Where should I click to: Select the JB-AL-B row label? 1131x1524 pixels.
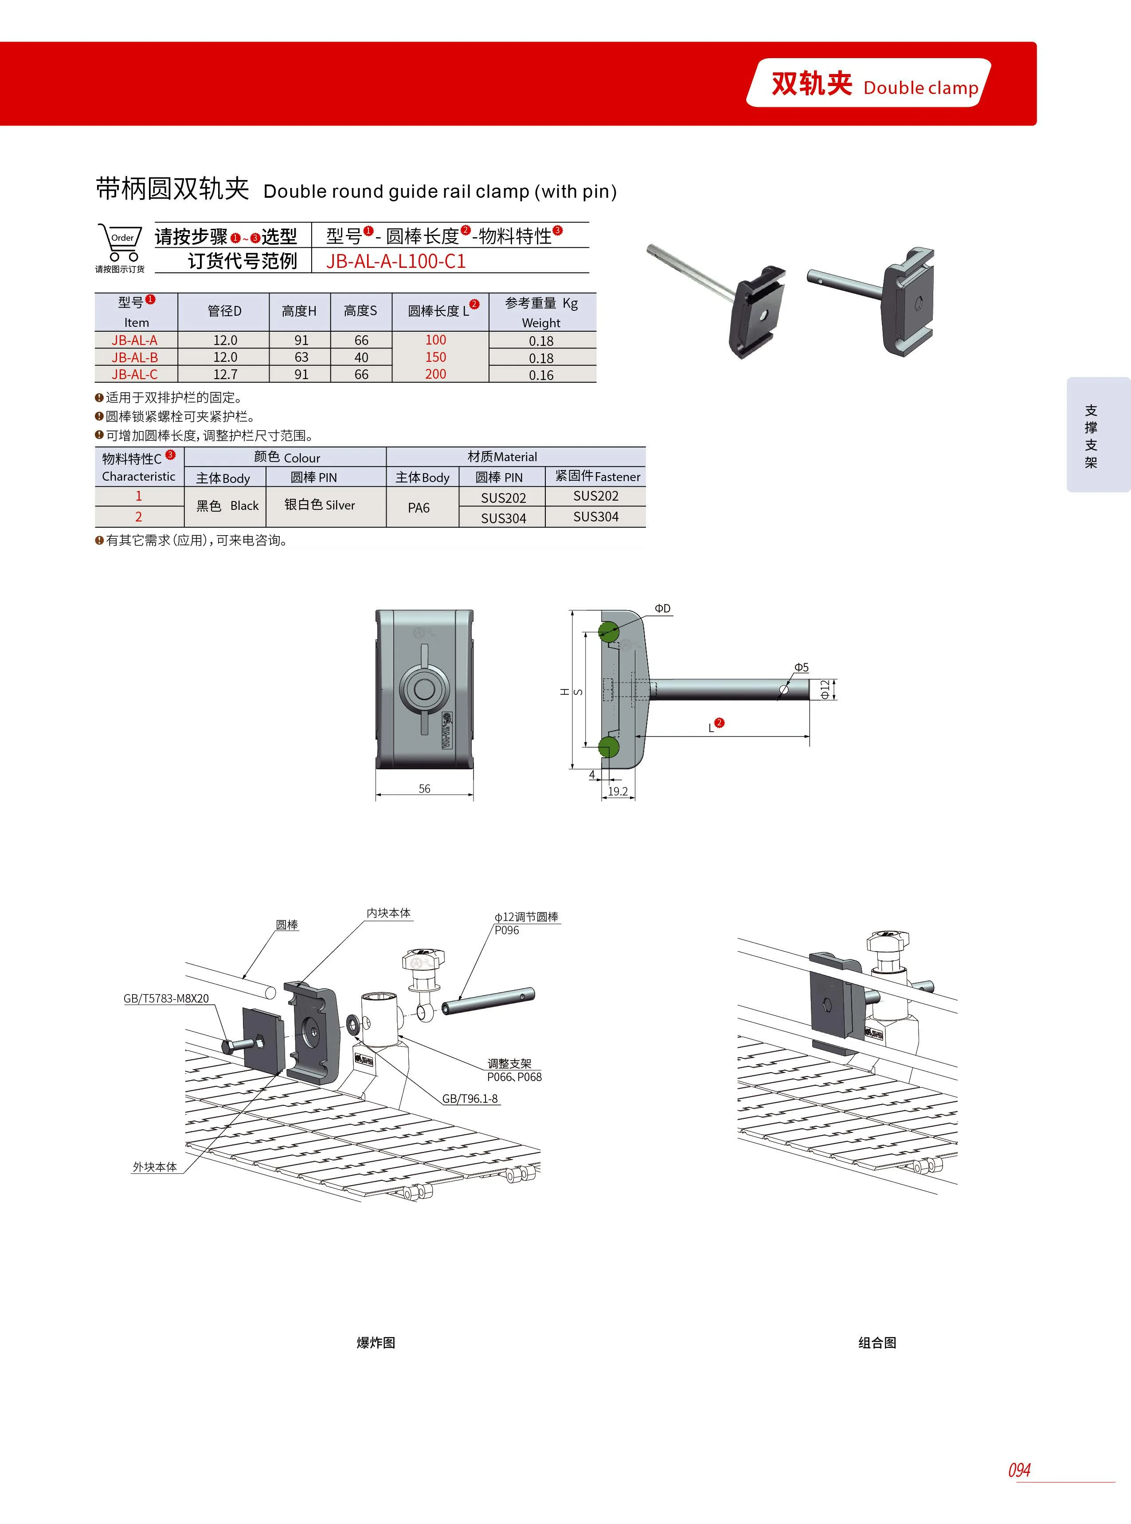[x=135, y=357]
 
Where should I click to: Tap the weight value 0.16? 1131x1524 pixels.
[x=541, y=375]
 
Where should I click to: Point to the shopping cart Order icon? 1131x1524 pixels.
[x=121, y=243]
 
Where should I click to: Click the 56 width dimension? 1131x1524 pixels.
[x=424, y=789]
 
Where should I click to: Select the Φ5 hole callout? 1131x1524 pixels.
[x=801, y=667]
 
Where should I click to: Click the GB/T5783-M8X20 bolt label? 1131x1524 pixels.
[x=166, y=998]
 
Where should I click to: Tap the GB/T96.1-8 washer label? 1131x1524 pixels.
[x=470, y=1098]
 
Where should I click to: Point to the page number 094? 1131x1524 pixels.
[x=1019, y=1470]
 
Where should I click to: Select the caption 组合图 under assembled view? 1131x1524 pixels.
[x=877, y=1343]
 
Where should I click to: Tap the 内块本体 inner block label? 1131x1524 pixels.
[x=388, y=913]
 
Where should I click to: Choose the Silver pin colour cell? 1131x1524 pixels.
[x=320, y=505]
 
